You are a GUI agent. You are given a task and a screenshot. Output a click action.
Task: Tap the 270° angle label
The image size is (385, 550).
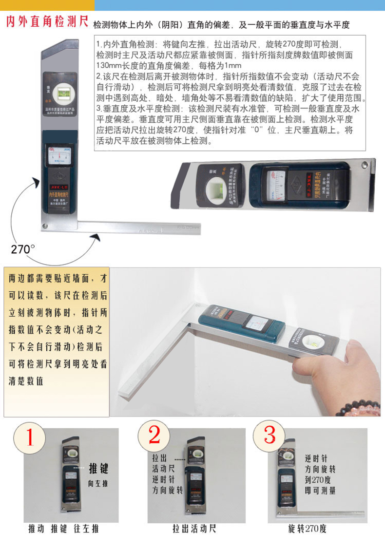tap(22, 249)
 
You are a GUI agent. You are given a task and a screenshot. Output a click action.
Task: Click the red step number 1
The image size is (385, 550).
tap(30, 437)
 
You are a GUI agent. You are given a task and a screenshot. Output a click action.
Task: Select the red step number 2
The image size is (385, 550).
tap(154, 435)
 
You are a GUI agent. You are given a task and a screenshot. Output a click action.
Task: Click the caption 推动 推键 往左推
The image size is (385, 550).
tap(65, 529)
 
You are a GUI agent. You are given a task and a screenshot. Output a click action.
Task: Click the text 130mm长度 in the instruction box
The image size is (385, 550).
tap(115, 66)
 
